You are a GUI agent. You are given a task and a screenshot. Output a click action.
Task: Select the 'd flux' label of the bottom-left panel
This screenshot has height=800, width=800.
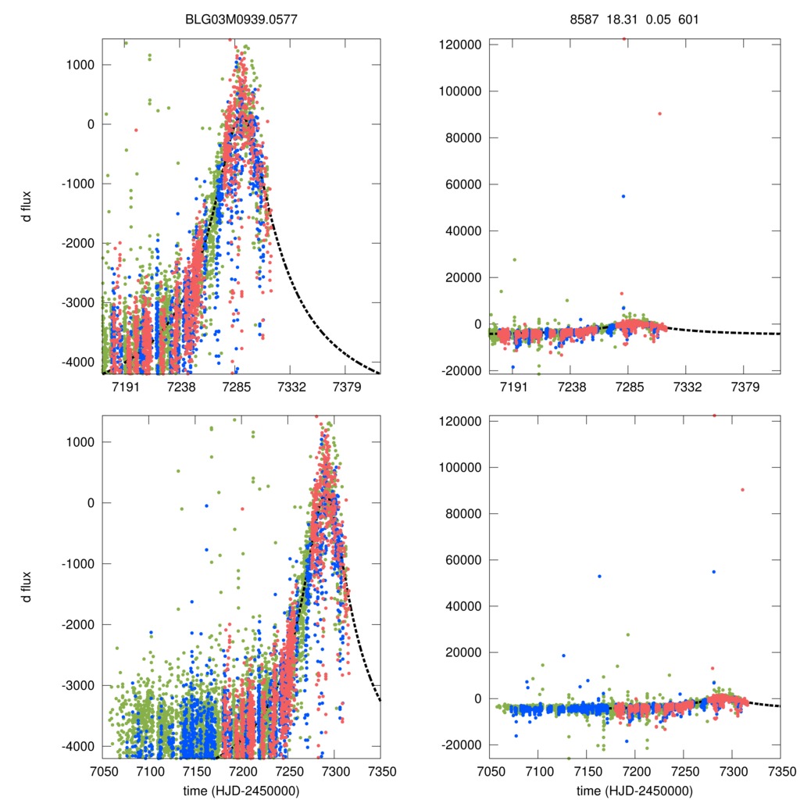click(x=27, y=587)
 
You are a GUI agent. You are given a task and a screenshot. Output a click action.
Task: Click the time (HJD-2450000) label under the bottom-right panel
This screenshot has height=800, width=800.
click(x=634, y=791)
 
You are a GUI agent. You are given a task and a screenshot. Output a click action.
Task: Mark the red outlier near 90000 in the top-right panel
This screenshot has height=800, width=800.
click(x=659, y=113)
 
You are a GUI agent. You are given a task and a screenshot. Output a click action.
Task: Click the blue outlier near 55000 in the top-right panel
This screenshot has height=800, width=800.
click(x=623, y=196)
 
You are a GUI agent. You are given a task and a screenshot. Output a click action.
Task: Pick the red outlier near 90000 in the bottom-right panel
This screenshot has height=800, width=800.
click(x=742, y=490)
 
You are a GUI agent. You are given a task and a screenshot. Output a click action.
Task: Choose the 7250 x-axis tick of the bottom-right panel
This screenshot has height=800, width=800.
click(x=684, y=770)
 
